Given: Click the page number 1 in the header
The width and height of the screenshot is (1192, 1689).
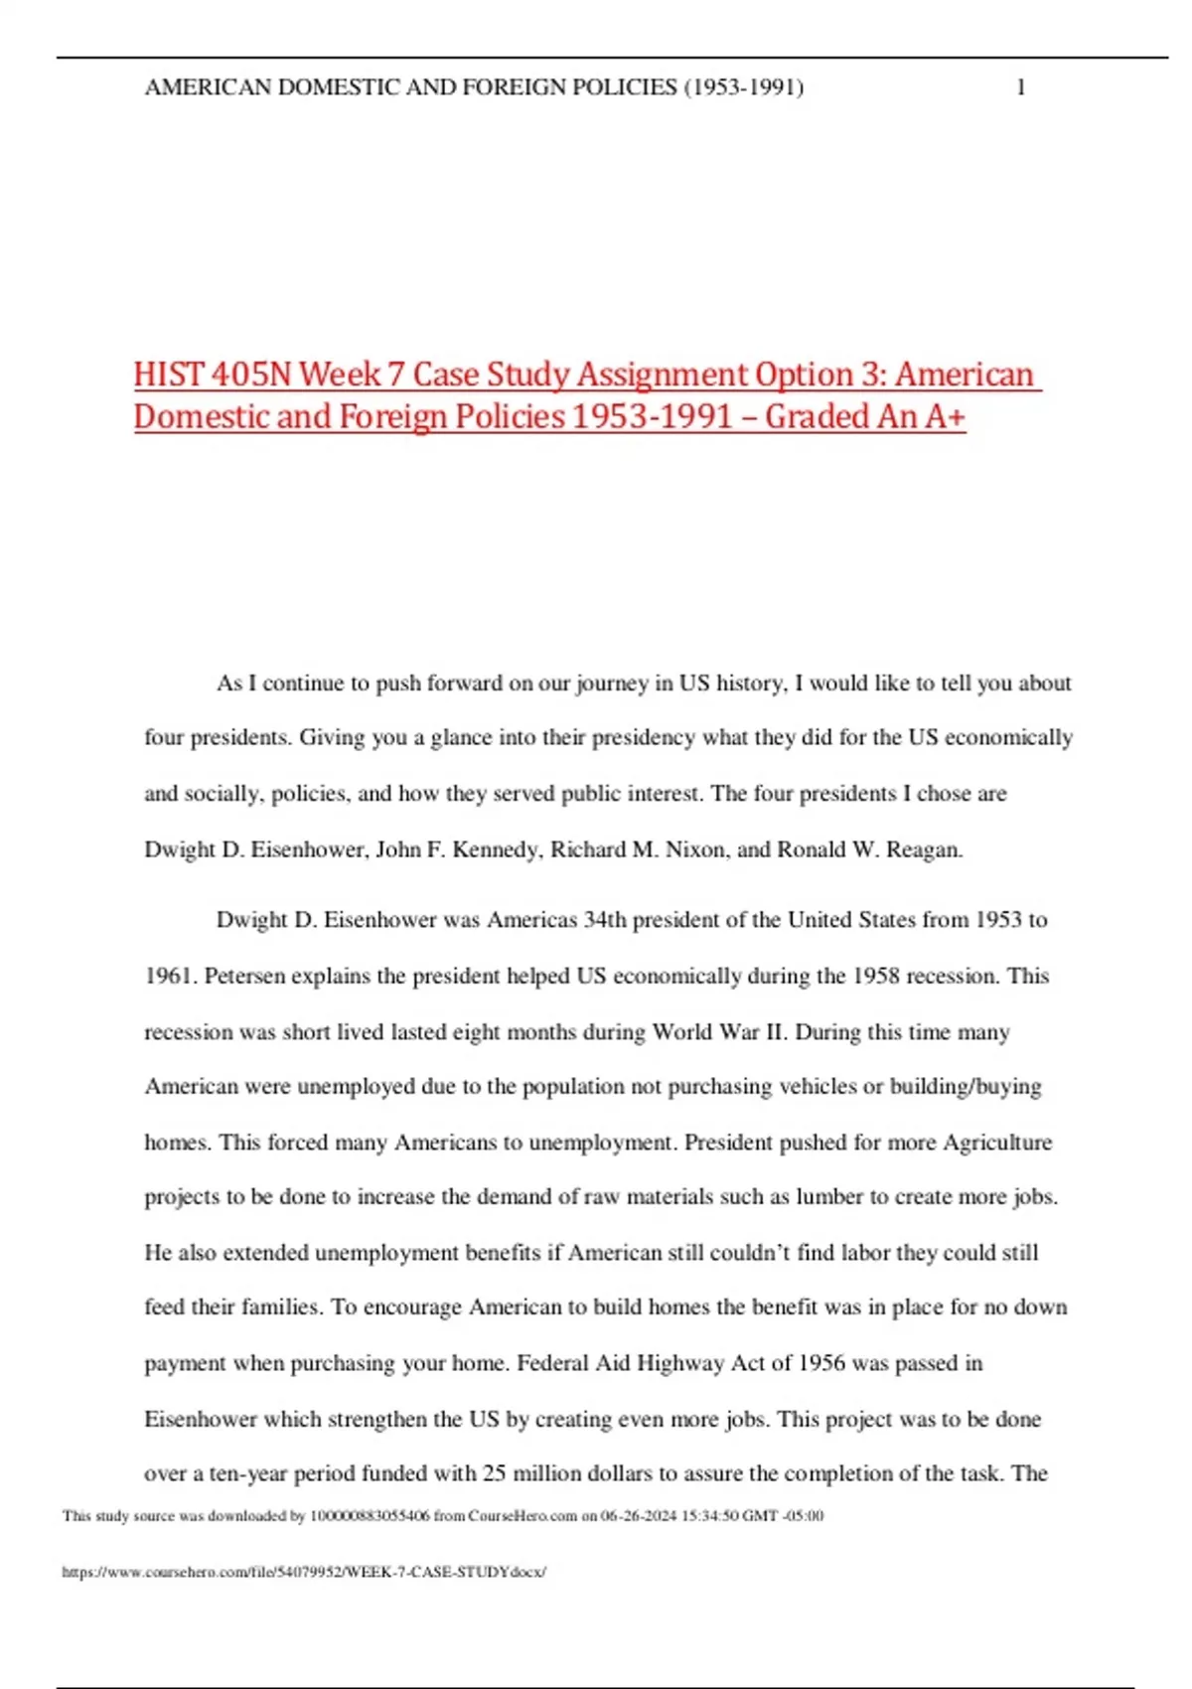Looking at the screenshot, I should pyautogui.click(x=1020, y=87).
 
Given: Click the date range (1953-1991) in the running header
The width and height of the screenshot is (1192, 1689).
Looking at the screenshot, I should pyautogui.click(x=743, y=87).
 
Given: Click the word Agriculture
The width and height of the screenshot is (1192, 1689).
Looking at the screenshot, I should pyautogui.click(x=996, y=1143).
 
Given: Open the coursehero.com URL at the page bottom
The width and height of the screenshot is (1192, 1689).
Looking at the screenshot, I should pyautogui.click(x=304, y=1572).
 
